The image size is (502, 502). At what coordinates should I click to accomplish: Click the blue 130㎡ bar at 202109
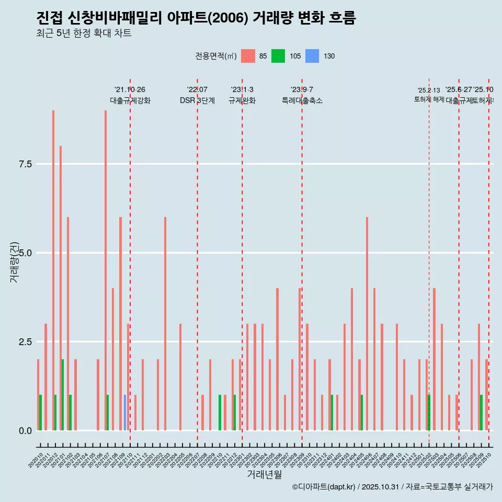click(125, 413)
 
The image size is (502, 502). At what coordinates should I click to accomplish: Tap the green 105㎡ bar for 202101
click(63, 395)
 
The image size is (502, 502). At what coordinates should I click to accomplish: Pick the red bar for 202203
click(165, 324)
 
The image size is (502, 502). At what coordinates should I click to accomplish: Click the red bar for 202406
click(367, 324)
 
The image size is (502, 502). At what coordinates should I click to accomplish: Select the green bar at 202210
click(220, 413)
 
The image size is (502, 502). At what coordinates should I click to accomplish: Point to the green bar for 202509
click(481, 413)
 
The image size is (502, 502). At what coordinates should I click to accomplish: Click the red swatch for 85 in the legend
click(248, 56)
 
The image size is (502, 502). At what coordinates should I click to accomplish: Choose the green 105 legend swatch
click(278, 56)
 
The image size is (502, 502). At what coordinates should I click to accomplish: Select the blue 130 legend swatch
click(312, 56)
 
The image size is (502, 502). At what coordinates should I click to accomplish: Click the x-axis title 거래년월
click(264, 474)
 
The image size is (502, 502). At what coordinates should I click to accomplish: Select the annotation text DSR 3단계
click(197, 101)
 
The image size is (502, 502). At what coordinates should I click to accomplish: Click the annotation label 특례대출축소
click(302, 101)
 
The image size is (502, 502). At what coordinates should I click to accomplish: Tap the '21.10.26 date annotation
click(130, 89)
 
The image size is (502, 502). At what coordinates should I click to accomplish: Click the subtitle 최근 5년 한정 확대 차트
click(84, 33)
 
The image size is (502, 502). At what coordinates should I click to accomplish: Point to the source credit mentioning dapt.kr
click(392, 487)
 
